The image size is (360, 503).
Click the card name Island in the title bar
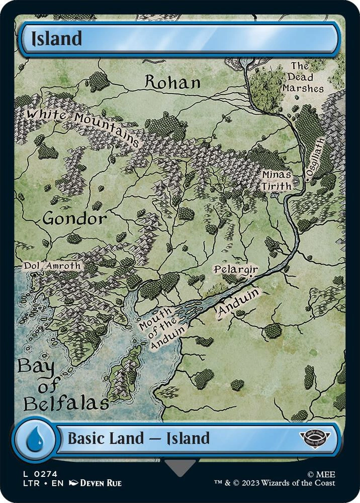click(x=56, y=39)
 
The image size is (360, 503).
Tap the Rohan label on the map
click(x=172, y=82)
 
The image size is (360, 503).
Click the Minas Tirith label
click(x=276, y=180)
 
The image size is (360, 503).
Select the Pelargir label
click(x=235, y=270)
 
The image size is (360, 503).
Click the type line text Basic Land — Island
click(x=138, y=438)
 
